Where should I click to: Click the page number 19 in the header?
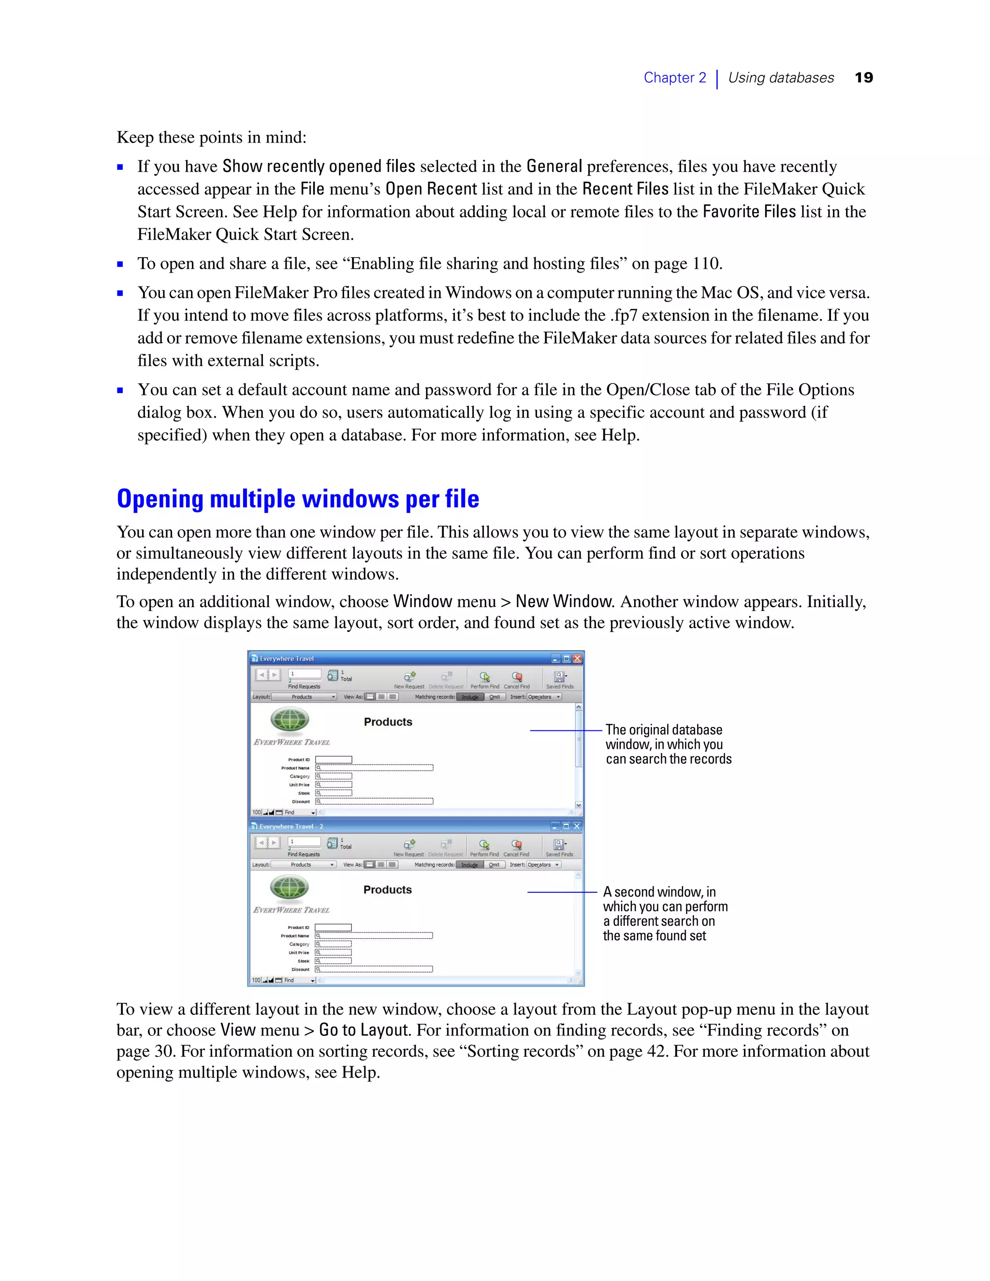pos(863,78)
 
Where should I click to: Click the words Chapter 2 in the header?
pos(674,78)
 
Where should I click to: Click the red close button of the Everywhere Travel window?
pos(577,659)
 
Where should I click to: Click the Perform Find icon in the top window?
pos(484,677)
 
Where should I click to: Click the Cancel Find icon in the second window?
pos(516,844)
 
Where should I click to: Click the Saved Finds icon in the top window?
pos(559,677)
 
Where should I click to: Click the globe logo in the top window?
pos(290,720)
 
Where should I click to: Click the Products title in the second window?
pos(387,890)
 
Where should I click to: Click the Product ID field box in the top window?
pos(334,759)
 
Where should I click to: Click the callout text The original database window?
pos(668,744)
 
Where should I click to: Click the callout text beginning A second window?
pos(665,913)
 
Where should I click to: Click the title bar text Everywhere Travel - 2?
pos(291,827)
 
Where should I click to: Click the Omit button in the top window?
pos(495,697)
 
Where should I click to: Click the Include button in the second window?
pos(469,865)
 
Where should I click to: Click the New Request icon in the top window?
pos(409,677)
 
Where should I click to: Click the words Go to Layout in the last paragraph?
pos(363,1030)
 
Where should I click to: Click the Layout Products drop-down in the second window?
pos(304,865)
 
